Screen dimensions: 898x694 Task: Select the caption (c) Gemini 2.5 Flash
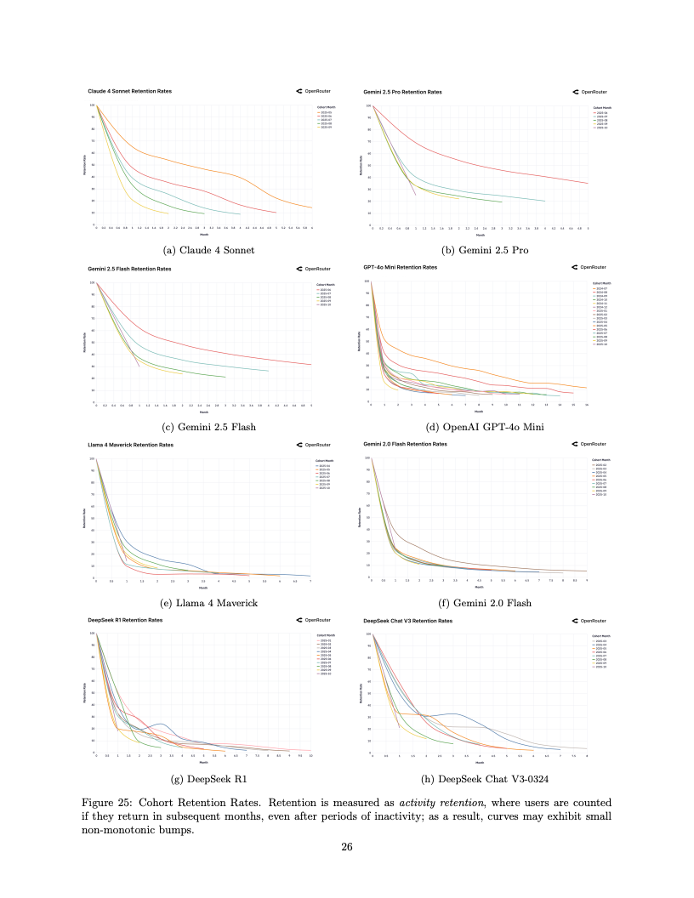[203, 427]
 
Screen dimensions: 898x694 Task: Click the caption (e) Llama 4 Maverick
[204, 603]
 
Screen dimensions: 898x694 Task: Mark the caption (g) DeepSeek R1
[204, 778]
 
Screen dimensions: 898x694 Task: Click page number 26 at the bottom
[346, 846]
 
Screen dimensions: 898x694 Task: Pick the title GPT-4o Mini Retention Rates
[400, 267]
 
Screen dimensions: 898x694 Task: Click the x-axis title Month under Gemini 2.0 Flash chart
[479, 587]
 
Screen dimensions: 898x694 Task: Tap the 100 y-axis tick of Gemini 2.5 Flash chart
[92, 282]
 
